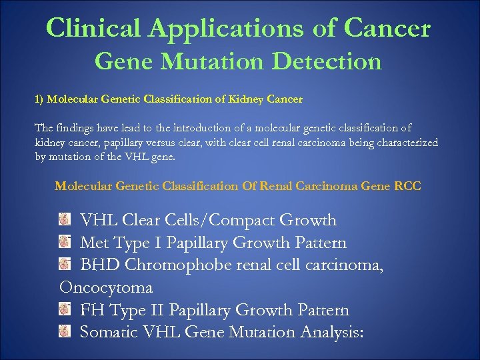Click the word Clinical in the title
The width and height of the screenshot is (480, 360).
coord(94,28)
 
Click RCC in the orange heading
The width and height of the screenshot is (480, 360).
coord(407,186)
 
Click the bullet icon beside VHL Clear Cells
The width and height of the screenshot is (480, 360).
coord(65,220)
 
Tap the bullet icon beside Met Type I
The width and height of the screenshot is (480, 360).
coord(65,243)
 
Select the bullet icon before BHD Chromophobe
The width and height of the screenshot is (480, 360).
coord(65,265)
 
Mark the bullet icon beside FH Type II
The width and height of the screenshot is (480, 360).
coord(65,310)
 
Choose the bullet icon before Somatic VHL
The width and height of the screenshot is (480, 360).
coord(65,331)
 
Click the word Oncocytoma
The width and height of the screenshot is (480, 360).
coord(106,288)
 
